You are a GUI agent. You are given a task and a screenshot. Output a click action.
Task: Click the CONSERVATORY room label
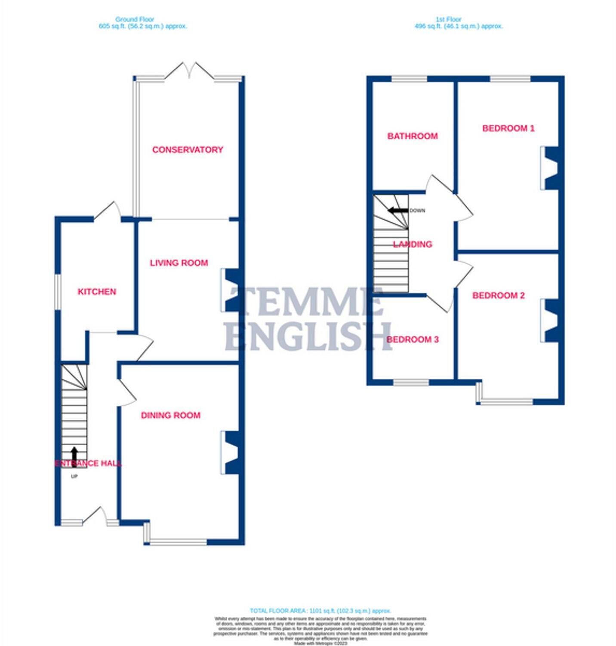188,150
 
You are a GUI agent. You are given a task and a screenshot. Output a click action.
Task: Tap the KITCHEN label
97,292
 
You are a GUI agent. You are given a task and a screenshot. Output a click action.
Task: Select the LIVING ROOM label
179,263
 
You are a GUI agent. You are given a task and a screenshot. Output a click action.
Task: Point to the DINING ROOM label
171,415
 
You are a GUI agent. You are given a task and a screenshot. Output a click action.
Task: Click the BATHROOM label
413,136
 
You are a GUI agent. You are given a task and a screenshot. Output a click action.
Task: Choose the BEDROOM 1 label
508,128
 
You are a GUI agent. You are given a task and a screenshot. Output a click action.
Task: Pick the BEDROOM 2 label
499,295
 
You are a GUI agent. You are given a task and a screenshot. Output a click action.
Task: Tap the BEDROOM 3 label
413,339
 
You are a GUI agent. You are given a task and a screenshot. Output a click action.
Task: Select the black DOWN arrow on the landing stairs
398,211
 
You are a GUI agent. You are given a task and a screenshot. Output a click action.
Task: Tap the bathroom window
409,79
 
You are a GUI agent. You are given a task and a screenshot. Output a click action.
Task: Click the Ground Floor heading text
135,19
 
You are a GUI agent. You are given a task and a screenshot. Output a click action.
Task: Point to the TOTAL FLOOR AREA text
320,611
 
